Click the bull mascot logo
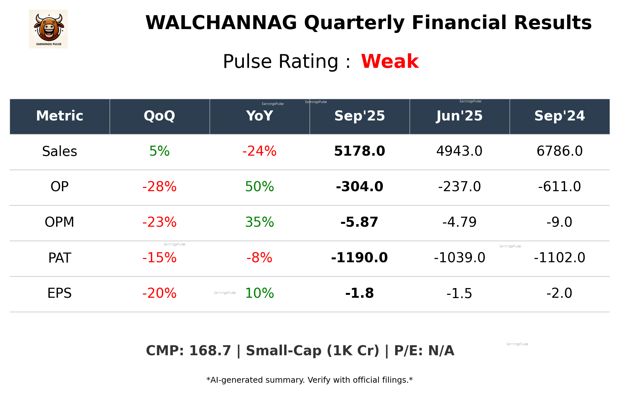48,29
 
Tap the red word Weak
390,61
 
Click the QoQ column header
159,116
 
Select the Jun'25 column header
459,116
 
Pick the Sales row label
60,151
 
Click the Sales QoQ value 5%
159,151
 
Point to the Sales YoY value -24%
259,151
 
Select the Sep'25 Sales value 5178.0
359,151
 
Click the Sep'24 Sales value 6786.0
559,151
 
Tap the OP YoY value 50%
259,187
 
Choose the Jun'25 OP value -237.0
459,187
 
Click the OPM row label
60,223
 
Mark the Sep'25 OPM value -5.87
359,223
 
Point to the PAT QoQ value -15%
159,258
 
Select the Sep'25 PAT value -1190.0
359,258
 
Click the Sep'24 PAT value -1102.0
559,258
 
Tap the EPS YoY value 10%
259,294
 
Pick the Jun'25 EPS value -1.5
459,294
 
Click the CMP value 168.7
210,351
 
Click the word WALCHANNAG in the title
221,23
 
